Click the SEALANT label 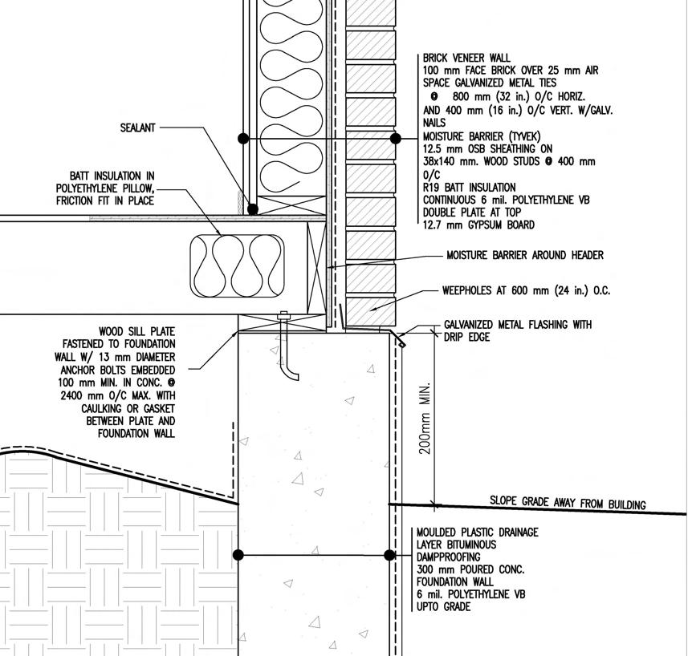click(137, 128)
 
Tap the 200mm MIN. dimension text click(425, 418)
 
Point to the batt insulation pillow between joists click(237, 266)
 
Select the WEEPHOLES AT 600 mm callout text click(526, 290)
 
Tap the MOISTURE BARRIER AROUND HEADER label click(525, 255)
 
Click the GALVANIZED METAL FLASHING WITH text click(517, 325)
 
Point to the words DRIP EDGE click(466, 338)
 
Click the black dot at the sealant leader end click(253, 209)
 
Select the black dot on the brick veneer click(395, 139)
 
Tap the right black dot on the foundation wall click(390, 555)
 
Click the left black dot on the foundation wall click(238, 555)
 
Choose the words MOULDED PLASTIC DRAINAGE click(477, 532)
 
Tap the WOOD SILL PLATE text click(136, 331)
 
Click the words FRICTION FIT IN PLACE click(104, 200)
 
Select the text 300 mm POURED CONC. click(470, 569)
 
